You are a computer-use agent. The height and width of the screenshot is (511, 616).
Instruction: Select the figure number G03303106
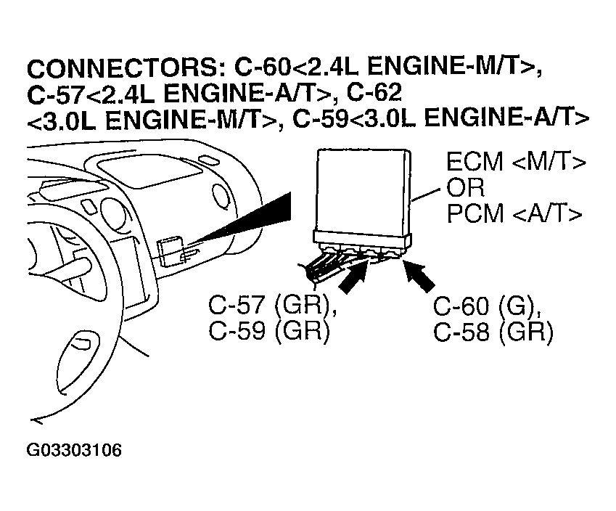coord(74,451)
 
